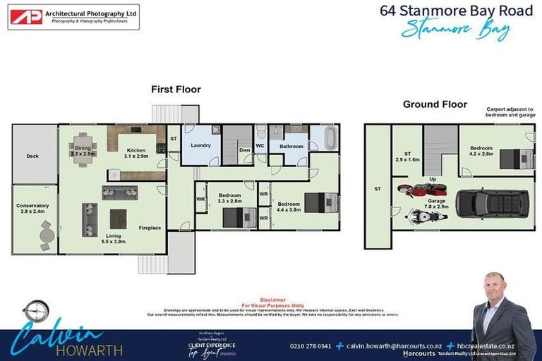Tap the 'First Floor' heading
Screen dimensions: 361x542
pos(176,90)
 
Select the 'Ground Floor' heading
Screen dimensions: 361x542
pos(435,104)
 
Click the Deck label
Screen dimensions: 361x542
pos(32,156)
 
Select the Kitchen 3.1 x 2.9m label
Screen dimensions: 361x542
pos(136,152)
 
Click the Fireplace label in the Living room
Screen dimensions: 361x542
pos(149,228)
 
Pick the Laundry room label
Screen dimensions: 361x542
pos(201,146)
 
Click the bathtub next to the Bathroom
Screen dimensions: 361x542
pos(324,137)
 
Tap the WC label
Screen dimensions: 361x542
pos(260,147)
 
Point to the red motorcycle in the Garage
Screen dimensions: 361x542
pos(414,190)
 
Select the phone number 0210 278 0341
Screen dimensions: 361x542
pos(311,345)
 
